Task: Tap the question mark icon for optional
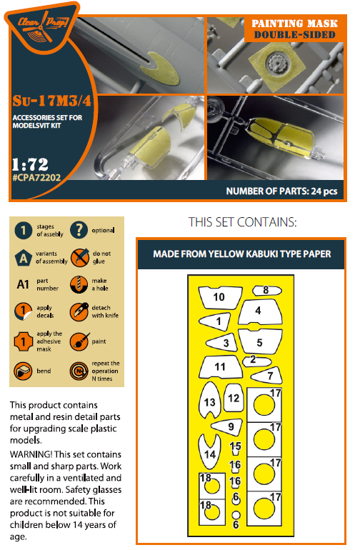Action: [x=79, y=229]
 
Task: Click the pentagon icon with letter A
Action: [x=23, y=256]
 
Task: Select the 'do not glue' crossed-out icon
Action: [x=79, y=256]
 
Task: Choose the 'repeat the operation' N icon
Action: [x=79, y=371]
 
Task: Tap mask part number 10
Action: [x=218, y=296]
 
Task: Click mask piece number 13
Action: [x=209, y=403]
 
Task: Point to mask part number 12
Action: [x=233, y=398]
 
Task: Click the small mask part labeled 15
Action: [x=235, y=447]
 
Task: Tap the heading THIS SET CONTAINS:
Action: [x=241, y=222]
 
